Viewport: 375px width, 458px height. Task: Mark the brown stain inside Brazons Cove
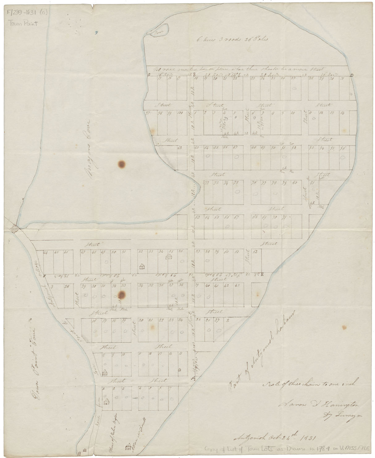pyautogui.click(x=122, y=164)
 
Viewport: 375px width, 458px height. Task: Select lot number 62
pyautogui.click(x=255, y=252)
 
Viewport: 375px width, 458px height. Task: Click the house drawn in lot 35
pyautogui.click(x=169, y=257)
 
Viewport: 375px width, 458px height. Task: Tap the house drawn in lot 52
pyautogui.click(x=142, y=267)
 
